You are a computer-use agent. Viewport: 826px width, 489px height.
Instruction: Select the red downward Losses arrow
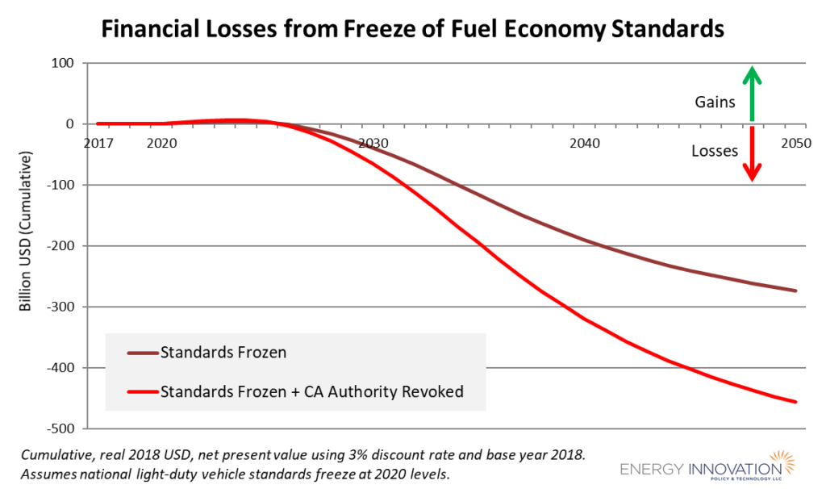tap(752, 154)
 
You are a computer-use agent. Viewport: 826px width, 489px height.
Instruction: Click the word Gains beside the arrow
tap(714, 103)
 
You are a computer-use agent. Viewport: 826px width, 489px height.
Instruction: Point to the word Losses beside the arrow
tap(715, 150)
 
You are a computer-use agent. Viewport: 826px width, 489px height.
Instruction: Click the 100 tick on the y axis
tap(64, 63)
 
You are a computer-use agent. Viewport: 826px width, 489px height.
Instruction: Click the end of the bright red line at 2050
tap(796, 402)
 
